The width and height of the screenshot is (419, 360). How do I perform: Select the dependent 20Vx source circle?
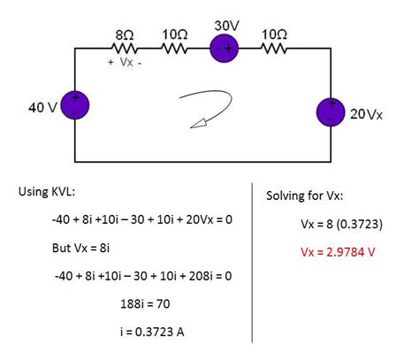331,113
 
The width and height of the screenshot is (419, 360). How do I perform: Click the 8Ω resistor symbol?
124,50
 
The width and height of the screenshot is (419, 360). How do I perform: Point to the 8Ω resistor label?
124,34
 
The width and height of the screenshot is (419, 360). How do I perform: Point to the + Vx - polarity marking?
125,64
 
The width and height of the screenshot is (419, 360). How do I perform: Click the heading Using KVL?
50,192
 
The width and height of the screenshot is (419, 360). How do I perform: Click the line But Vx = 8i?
84,248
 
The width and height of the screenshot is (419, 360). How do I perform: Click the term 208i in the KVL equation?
187,276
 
